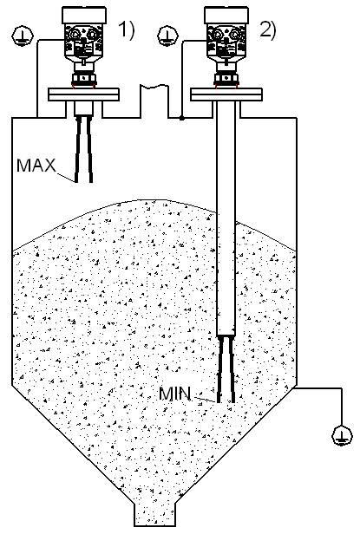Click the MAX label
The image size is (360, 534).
pyautogui.click(x=36, y=166)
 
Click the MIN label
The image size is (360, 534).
pyautogui.click(x=174, y=394)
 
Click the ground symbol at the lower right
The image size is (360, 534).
pyautogui.click(x=343, y=435)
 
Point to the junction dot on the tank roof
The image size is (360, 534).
pyautogui.click(x=182, y=118)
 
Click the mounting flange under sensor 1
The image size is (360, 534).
pyautogui.click(x=83, y=94)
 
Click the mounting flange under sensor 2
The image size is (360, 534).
pyautogui.click(x=226, y=94)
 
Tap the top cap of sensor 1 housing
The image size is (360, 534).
pyautogui.click(x=84, y=16)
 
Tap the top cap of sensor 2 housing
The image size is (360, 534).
pyautogui.click(x=226, y=16)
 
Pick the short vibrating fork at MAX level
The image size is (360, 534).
pyautogui.click(x=84, y=149)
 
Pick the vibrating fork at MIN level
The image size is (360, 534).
pyautogui.click(x=226, y=369)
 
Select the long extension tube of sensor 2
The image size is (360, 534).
pyautogui.click(x=226, y=218)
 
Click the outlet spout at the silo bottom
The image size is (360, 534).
pyautogui.click(x=154, y=513)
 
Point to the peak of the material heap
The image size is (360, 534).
pyautogui.click(x=154, y=200)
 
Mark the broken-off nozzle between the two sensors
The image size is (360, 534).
pyautogui.click(x=154, y=101)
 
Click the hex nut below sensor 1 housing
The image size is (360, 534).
pyautogui.click(x=83, y=78)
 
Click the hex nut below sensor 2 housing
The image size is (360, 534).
pyautogui.click(x=226, y=78)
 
